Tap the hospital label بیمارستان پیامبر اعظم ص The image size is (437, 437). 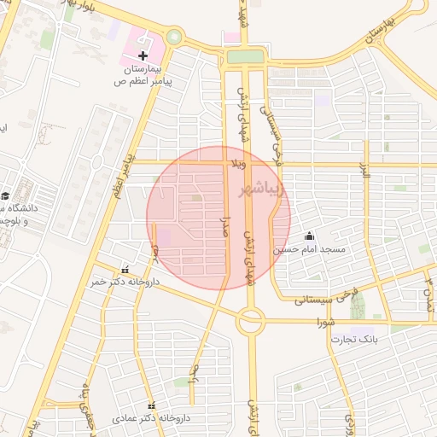[x=143, y=75]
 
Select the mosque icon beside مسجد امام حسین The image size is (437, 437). [x=309, y=236]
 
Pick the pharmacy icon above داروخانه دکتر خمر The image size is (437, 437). [x=126, y=270]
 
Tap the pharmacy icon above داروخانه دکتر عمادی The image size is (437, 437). [x=152, y=405]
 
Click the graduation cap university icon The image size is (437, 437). [x=6, y=196]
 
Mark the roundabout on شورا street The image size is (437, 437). [x=251, y=322]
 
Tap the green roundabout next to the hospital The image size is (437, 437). [x=174, y=38]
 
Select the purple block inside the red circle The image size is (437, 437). [x=162, y=236]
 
